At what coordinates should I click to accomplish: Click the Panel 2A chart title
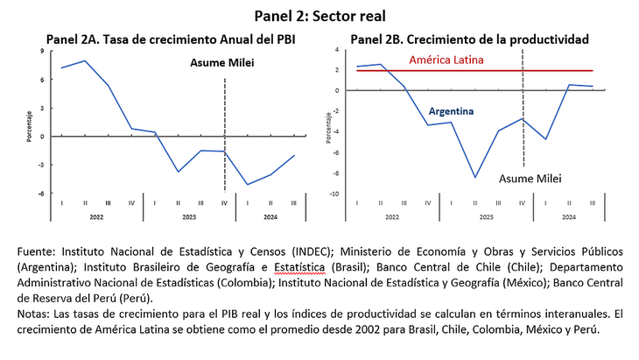[171, 39]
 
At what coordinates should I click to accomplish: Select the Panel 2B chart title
[469, 39]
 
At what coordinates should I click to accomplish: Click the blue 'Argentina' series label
[451, 112]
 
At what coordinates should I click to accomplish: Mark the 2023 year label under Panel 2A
[189, 215]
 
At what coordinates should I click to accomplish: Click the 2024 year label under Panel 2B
[569, 215]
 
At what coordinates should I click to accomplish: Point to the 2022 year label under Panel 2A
[96, 215]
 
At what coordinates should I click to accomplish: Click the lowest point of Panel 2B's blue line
[475, 177]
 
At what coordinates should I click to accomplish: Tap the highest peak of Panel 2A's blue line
[84, 60]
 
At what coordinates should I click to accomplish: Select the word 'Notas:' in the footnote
[35, 313]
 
